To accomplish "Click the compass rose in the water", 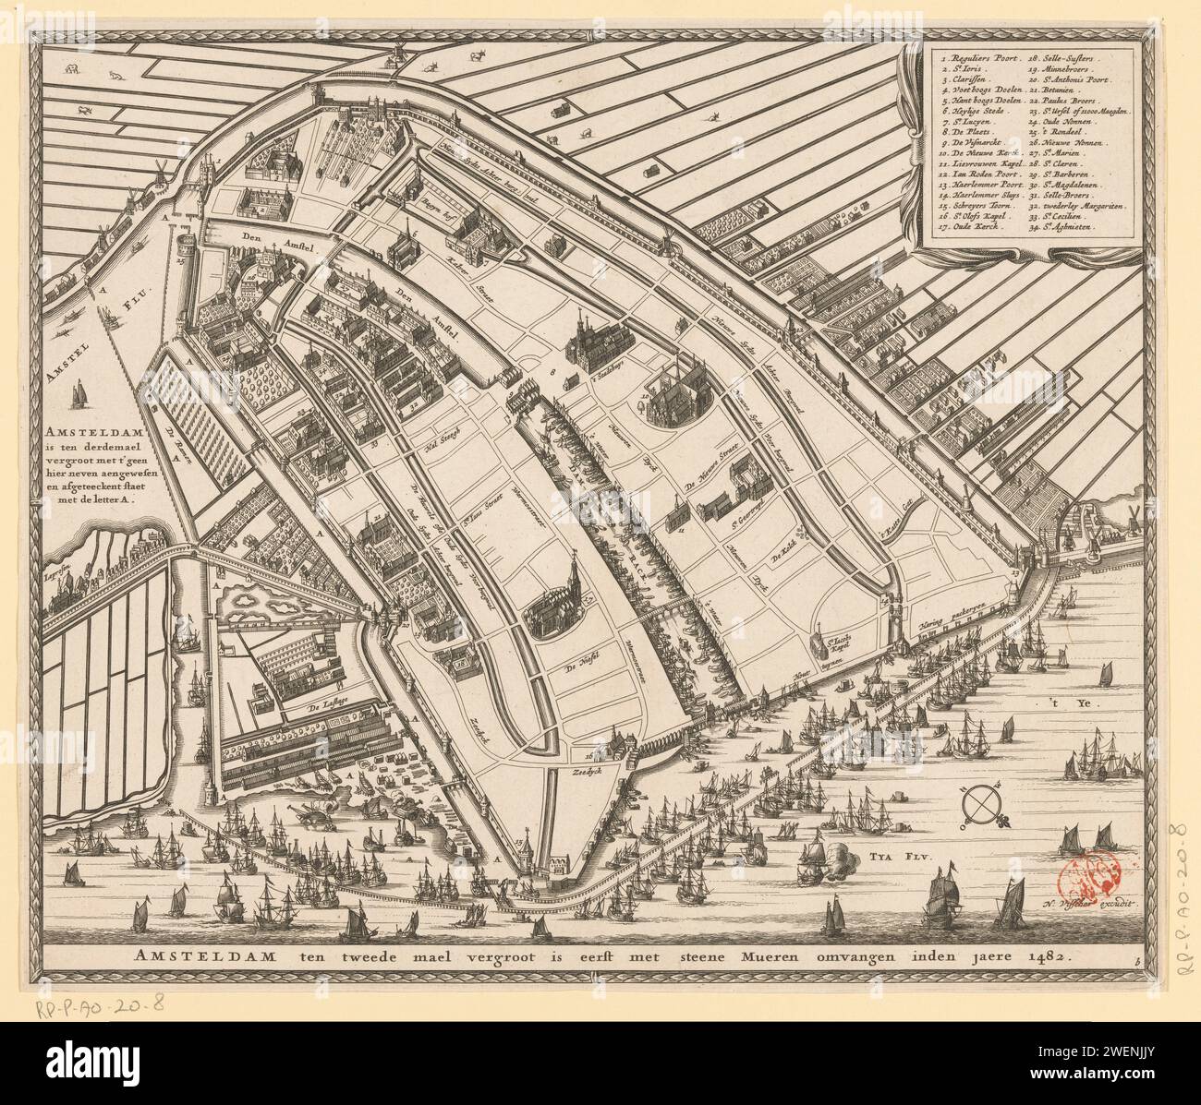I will (982, 803).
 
